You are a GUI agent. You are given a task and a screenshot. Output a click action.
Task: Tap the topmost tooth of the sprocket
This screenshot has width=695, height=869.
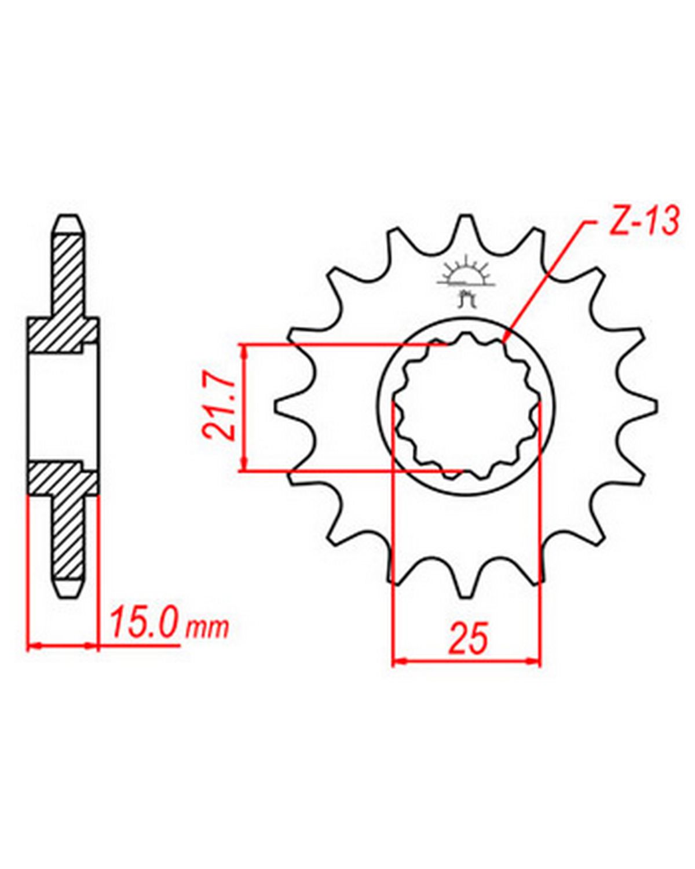click(466, 232)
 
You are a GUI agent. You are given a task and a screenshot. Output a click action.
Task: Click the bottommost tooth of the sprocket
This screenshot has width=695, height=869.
click(466, 579)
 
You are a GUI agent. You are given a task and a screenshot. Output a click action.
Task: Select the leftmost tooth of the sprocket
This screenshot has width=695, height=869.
click(291, 406)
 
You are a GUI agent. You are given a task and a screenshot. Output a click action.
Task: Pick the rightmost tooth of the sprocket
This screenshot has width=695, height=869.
click(642, 406)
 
